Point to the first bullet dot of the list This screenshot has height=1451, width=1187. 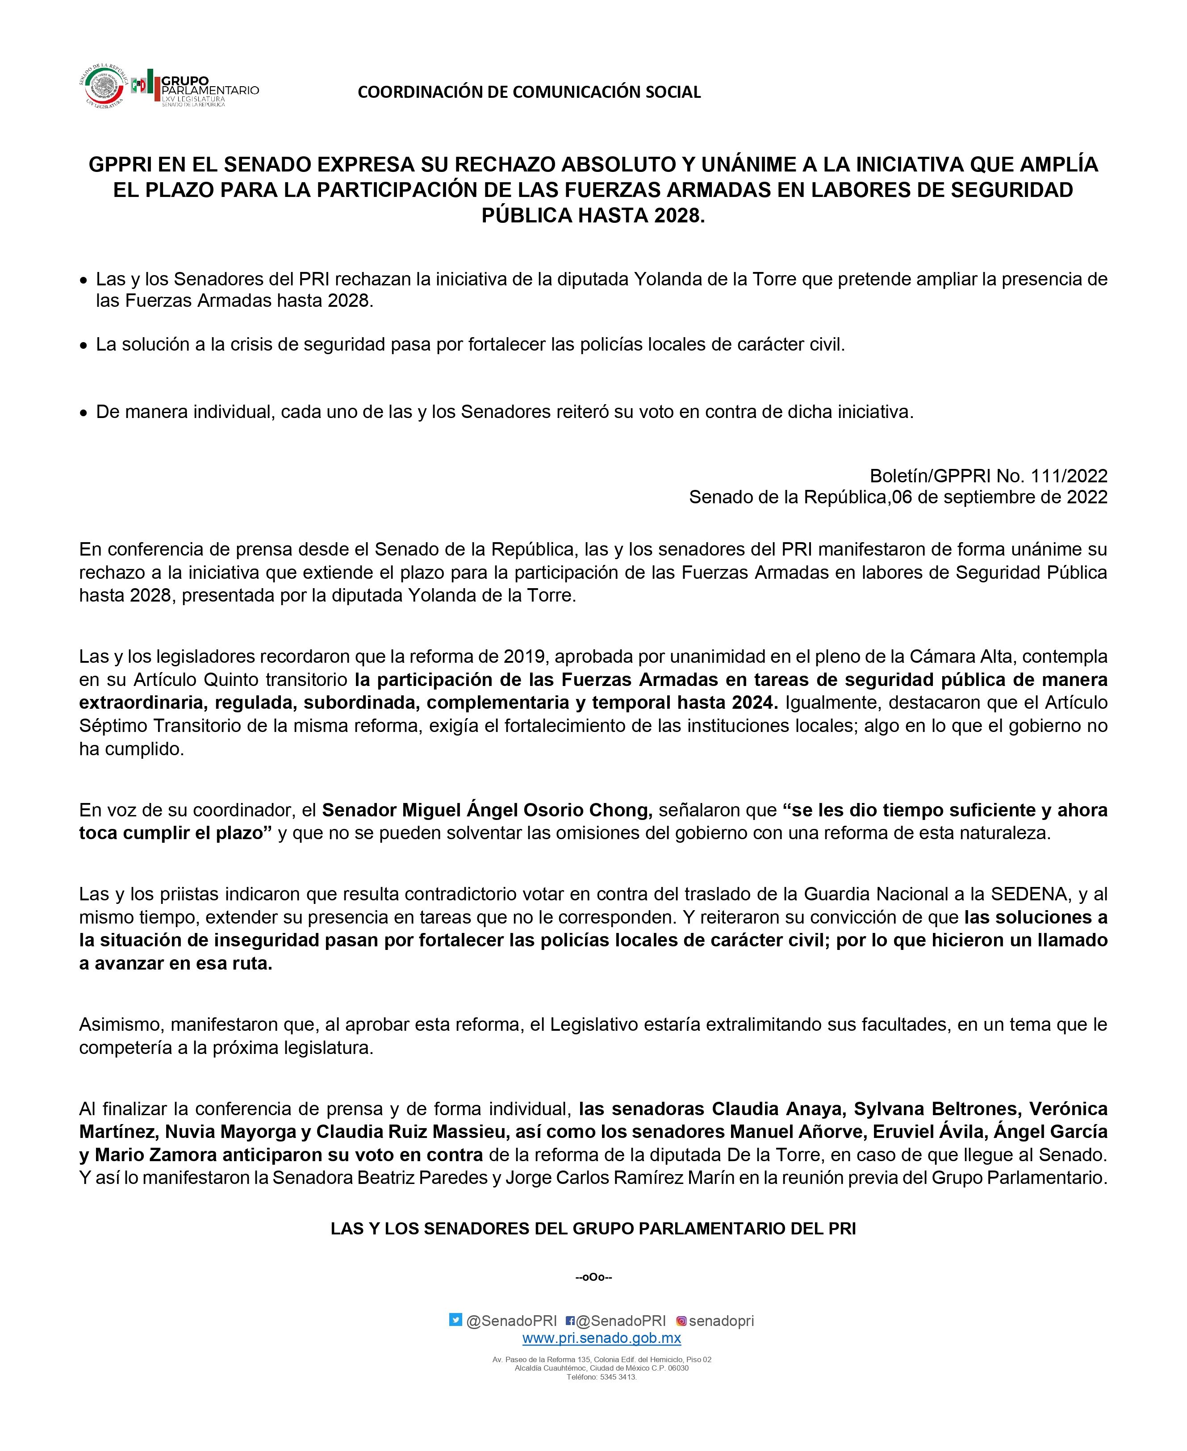pyautogui.click(x=84, y=281)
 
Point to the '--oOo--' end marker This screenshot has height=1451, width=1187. pyautogui.click(x=593, y=1277)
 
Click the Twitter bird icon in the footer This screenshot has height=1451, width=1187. pyautogui.click(x=456, y=1320)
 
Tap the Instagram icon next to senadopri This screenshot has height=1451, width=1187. pyautogui.click(x=681, y=1321)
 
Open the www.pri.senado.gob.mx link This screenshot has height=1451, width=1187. pyautogui.click(x=602, y=1338)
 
